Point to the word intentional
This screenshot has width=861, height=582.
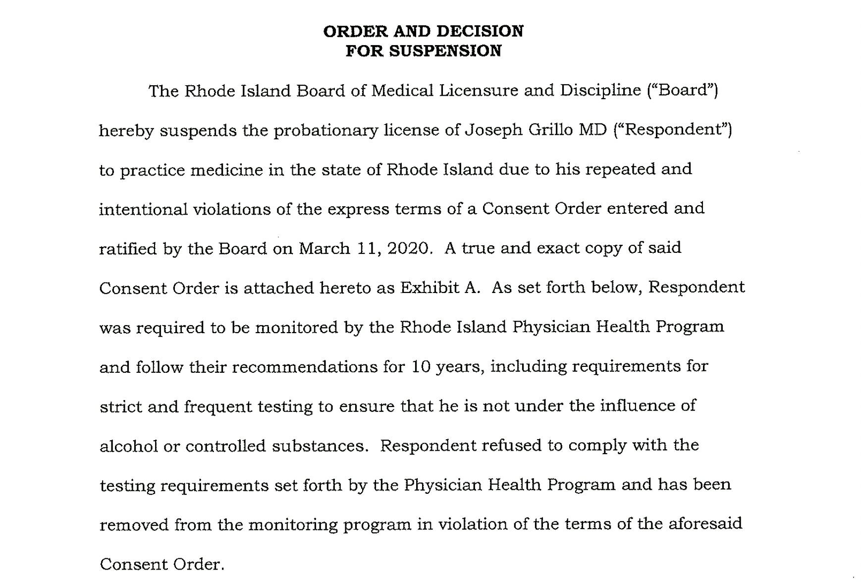pos(143,209)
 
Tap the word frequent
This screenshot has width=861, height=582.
pos(218,407)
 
